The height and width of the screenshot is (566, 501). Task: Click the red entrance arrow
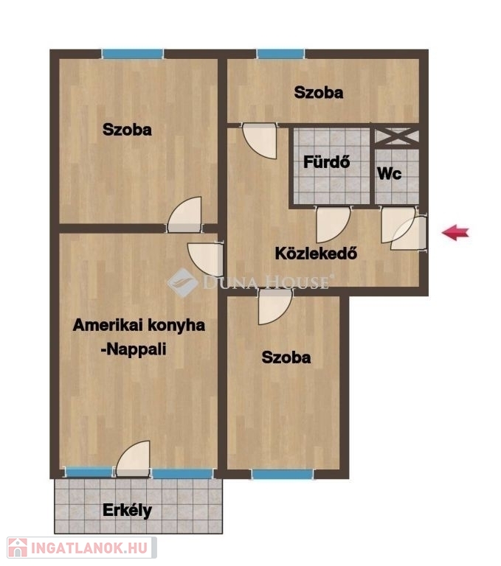pos(455,232)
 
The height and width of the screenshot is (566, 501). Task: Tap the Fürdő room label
pos(326,162)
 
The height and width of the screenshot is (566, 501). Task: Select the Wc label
pos(390,174)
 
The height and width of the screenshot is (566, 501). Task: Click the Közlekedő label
pos(316,253)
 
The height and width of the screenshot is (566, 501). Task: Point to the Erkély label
pos(127,511)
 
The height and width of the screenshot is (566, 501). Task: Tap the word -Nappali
pos(134,349)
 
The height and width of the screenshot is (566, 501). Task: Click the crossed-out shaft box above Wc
pos(397,137)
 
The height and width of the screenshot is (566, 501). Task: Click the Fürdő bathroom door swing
pos(333,224)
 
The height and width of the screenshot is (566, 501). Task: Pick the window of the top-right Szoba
pos(280,54)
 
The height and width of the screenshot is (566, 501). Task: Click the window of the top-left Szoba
pos(133,54)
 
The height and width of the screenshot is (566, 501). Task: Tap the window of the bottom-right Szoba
pos(283,475)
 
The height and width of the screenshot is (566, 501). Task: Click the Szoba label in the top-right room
pos(319,92)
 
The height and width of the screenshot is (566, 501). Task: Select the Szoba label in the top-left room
pos(127,130)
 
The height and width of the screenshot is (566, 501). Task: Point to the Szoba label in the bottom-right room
pos(286,357)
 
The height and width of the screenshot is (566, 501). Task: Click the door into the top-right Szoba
pos(260,141)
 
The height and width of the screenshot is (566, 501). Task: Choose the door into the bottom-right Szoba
pos(275,307)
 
